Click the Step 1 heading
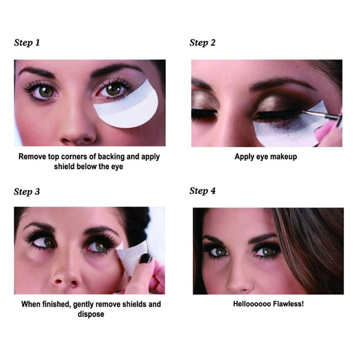click(x=27, y=43)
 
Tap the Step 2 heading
click(x=202, y=43)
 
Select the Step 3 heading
click(x=27, y=192)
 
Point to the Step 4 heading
click(x=202, y=191)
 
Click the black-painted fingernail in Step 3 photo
click(x=146, y=258)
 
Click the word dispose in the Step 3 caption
click(x=90, y=314)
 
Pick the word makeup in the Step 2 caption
click(x=284, y=157)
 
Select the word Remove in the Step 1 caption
click(x=31, y=157)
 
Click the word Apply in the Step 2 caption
click(x=244, y=157)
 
